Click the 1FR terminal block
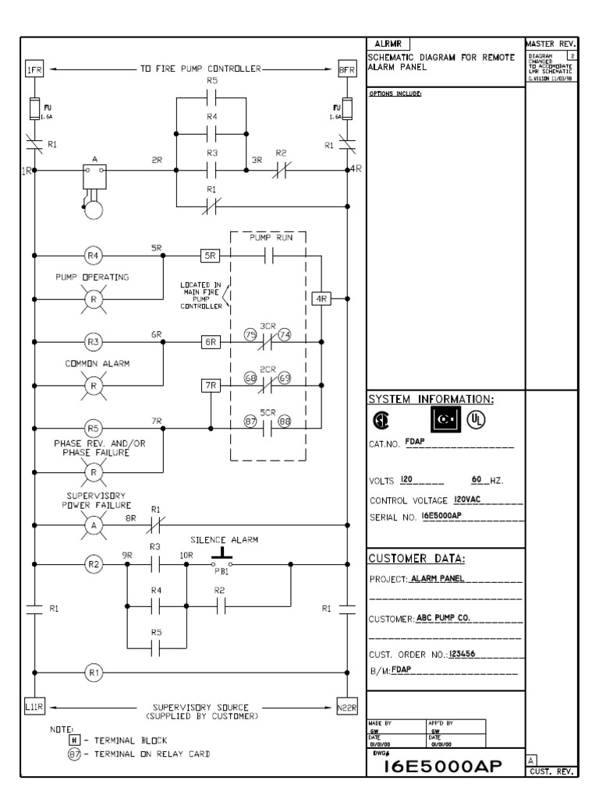34,69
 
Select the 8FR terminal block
347,69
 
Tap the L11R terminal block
35,707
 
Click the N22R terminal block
347,707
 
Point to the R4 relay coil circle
93,254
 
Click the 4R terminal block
321,298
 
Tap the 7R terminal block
211,385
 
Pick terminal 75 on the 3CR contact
251,334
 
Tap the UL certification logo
474,420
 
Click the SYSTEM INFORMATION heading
430,399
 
